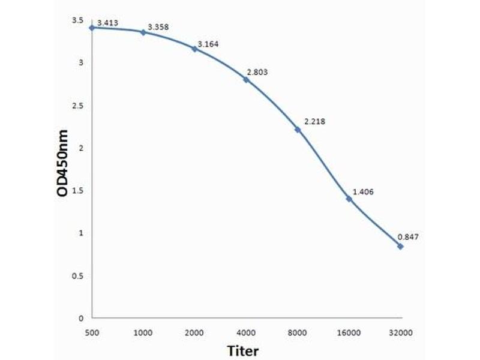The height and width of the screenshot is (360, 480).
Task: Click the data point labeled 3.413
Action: pyautogui.click(x=92, y=28)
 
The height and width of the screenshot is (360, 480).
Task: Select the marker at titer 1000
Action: pyautogui.click(x=143, y=32)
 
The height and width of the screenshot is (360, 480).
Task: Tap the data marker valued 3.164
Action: pyautogui.click(x=194, y=48)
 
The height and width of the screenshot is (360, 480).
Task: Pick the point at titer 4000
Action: pyautogui.click(x=246, y=79)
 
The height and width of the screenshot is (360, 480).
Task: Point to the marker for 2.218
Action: pyautogui.click(x=298, y=129)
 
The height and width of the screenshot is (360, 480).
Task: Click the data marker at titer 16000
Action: pyautogui.click(x=349, y=198)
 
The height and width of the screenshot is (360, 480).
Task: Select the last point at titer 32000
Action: pyautogui.click(x=400, y=246)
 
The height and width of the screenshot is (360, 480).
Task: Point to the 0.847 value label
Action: pyautogui.click(x=408, y=236)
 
